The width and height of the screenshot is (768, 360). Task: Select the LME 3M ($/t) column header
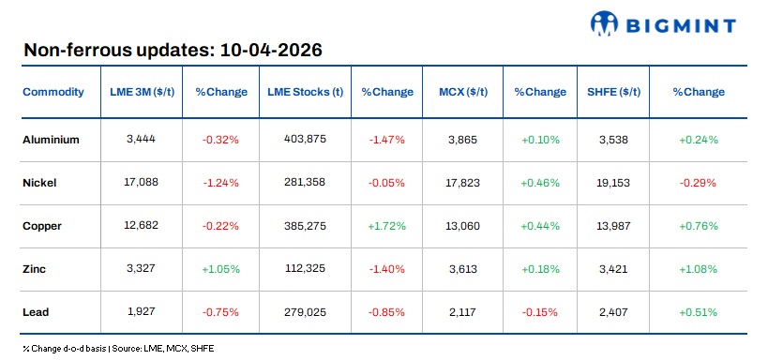click(139, 92)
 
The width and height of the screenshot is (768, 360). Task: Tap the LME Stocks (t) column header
click(305, 92)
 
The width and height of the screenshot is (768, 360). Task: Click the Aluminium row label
click(51, 140)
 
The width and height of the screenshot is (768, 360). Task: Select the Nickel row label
click(39, 183)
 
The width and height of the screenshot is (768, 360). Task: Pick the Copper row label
click(43, 226)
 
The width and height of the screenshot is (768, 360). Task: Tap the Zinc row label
click(35, 269)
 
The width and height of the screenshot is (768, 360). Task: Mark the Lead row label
click(36, 312)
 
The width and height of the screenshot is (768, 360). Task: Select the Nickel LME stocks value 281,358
click(305, 183)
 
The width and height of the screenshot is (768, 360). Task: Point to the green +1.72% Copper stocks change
click(387, 226)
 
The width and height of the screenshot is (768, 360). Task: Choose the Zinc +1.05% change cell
click(221, 269)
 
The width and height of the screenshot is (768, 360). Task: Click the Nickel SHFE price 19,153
click(615, 183)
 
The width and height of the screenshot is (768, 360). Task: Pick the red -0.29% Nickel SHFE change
click(699, 183)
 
